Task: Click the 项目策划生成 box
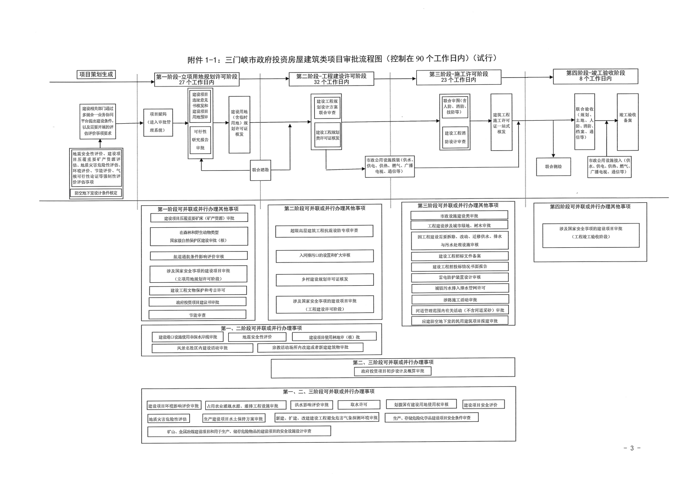96,74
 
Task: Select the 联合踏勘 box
260,170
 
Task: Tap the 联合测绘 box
553,166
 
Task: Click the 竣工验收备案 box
627,118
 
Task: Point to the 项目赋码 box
158,122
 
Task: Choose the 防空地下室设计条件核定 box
96,193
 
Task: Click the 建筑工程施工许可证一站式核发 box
501,123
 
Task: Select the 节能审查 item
197,315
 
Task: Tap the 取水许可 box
359,405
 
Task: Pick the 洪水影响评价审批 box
311,405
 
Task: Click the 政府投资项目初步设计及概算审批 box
392,371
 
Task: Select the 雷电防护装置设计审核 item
459,278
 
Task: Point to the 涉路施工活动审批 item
459,300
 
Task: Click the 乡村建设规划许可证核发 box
325,280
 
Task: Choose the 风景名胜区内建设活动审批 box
202,348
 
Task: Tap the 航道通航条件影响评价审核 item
198,256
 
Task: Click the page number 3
632,448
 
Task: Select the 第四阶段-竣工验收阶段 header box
595,76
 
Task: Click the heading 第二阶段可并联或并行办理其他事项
324,208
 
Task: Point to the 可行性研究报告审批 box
200,140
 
